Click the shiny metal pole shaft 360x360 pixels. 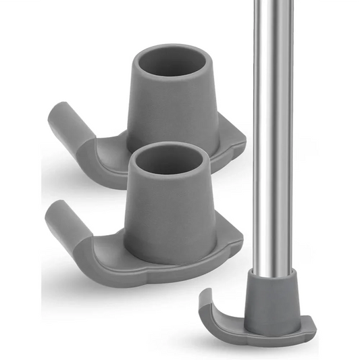coord(274,135)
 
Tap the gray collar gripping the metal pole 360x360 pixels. coord(274,297)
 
